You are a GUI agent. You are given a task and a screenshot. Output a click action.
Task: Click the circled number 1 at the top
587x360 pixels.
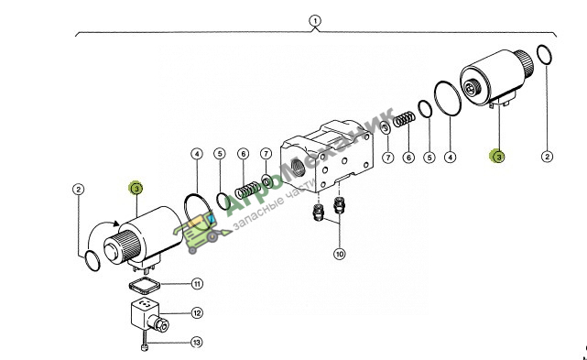coord(315,20)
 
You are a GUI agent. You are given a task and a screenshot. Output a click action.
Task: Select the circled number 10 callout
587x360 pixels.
coord(339,254)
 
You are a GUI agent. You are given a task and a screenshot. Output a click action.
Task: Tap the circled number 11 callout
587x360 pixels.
coord(197,284)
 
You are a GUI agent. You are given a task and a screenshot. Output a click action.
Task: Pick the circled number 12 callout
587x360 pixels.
coord(197,312)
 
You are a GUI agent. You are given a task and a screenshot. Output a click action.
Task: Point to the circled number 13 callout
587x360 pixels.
coord(197,343)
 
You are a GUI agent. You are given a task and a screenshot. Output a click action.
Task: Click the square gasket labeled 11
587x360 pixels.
coord(144,286)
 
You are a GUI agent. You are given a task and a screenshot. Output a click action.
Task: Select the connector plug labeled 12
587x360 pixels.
coord(150,317)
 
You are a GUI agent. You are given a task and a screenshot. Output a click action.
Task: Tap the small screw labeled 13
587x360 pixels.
coord(145,341)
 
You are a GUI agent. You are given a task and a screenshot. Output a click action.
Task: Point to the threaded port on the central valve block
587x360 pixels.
coord(298,166)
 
